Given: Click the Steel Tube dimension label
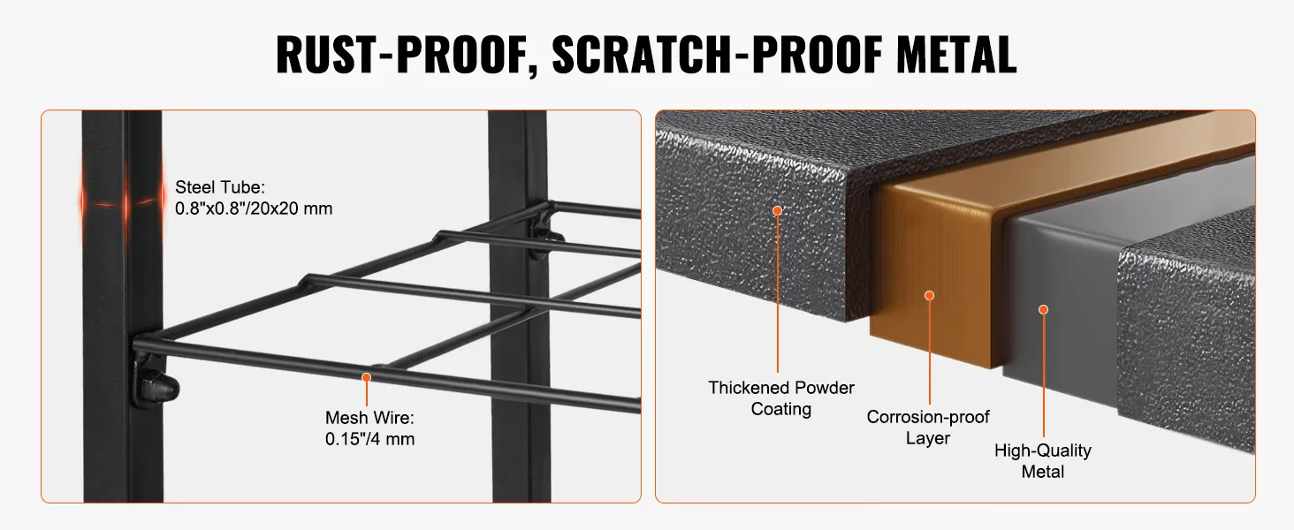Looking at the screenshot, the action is tap(254, 198).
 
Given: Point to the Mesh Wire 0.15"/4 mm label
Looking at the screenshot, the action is tap(369, 428).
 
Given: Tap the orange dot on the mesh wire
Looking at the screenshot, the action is tap(366, 377).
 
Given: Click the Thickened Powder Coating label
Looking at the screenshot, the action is tap(781, 397).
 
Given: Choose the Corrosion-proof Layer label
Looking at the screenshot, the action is tap(928, 428).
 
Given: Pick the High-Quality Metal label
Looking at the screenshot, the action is tap(1043, 461).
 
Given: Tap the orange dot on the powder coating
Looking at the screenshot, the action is tap(778, 211).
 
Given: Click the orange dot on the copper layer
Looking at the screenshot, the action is tap(930, 296).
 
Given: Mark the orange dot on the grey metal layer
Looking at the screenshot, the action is tap(1043, 310).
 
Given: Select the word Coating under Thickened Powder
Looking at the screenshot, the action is tap(781, 409).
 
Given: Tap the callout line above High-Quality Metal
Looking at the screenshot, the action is tap(1043, 375).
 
